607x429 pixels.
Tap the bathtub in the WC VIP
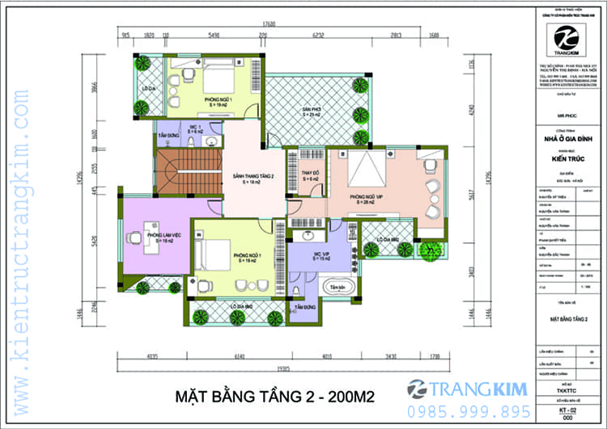pos(333,287)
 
